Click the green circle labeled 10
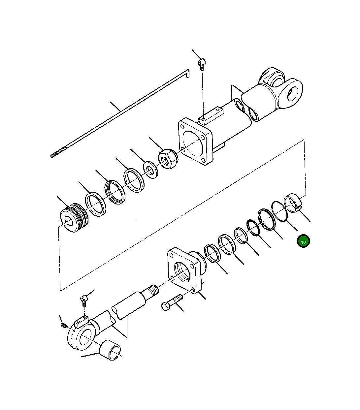click(x=303, y=241)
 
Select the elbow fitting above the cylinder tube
click(x=202, y=63)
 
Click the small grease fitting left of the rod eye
click(x=64, y=326)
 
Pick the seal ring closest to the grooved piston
click(x=96, y=204)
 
